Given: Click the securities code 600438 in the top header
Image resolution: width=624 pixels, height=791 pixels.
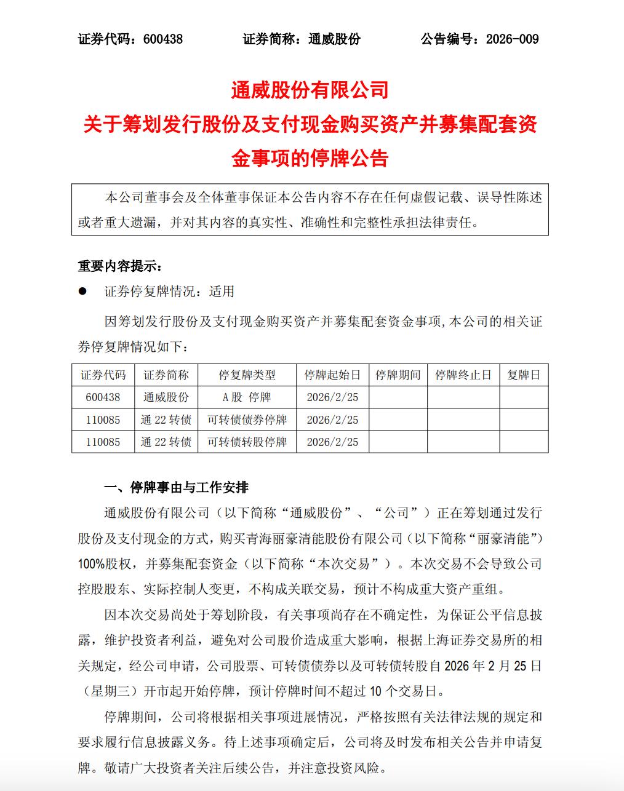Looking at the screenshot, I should [x=162, y=39].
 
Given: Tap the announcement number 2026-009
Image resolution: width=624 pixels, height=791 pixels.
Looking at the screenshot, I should [x=512, y=39].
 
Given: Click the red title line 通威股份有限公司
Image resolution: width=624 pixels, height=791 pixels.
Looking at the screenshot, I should [x=310, y=90].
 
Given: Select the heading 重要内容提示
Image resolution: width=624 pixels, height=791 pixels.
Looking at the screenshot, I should [x=119, y=266].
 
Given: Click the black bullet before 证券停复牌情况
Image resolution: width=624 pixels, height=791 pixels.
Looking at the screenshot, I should [x=82, y=292].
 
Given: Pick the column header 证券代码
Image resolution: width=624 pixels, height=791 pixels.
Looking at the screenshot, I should [x=103, y=375].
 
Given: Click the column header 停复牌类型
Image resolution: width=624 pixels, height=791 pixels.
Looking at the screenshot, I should [x=247, y=375].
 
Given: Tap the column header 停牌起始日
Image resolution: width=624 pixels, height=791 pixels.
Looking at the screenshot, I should [x=332, y=375].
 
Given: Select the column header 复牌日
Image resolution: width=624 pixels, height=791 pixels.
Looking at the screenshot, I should [x=523, y=375].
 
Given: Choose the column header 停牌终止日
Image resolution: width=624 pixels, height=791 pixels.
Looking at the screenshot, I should [x=463, y=375].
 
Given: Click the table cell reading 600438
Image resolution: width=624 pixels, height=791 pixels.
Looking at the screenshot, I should [x=103, y=397].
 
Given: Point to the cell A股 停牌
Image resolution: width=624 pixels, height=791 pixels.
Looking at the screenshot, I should [x=247, y=397].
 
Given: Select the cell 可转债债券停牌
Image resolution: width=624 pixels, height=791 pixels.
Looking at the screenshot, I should [x=247, y=420].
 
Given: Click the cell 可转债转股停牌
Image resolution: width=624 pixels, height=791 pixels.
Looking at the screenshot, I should [x=247, y=442].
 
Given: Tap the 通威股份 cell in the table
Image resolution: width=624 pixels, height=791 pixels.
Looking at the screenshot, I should [x=166, y=397].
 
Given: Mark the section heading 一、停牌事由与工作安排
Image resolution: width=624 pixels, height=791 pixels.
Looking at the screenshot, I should [x=176, y=487].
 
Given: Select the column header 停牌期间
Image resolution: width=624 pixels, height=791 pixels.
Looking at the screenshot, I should [x=398, y=375].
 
